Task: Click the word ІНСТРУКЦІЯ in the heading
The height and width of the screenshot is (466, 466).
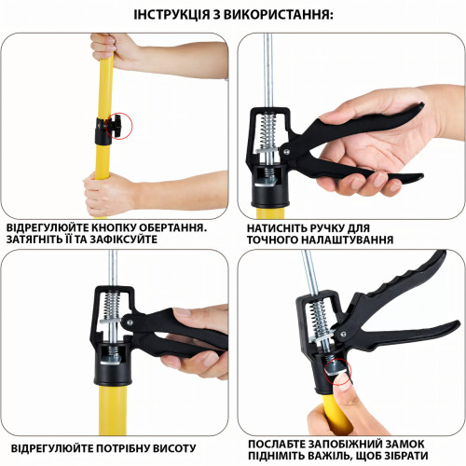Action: [171, 15]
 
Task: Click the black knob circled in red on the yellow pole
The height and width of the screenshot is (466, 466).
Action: [116, 126]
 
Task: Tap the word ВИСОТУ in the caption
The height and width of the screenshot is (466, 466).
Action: [174, 449]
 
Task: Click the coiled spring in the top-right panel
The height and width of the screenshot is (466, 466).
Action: [268, 130]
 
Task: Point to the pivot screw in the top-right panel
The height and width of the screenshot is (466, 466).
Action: [286, 152]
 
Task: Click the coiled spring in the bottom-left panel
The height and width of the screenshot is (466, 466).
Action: [111, 307]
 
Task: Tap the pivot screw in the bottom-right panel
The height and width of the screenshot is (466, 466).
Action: [343, 335]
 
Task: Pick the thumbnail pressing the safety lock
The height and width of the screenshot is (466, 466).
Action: [344, 381]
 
